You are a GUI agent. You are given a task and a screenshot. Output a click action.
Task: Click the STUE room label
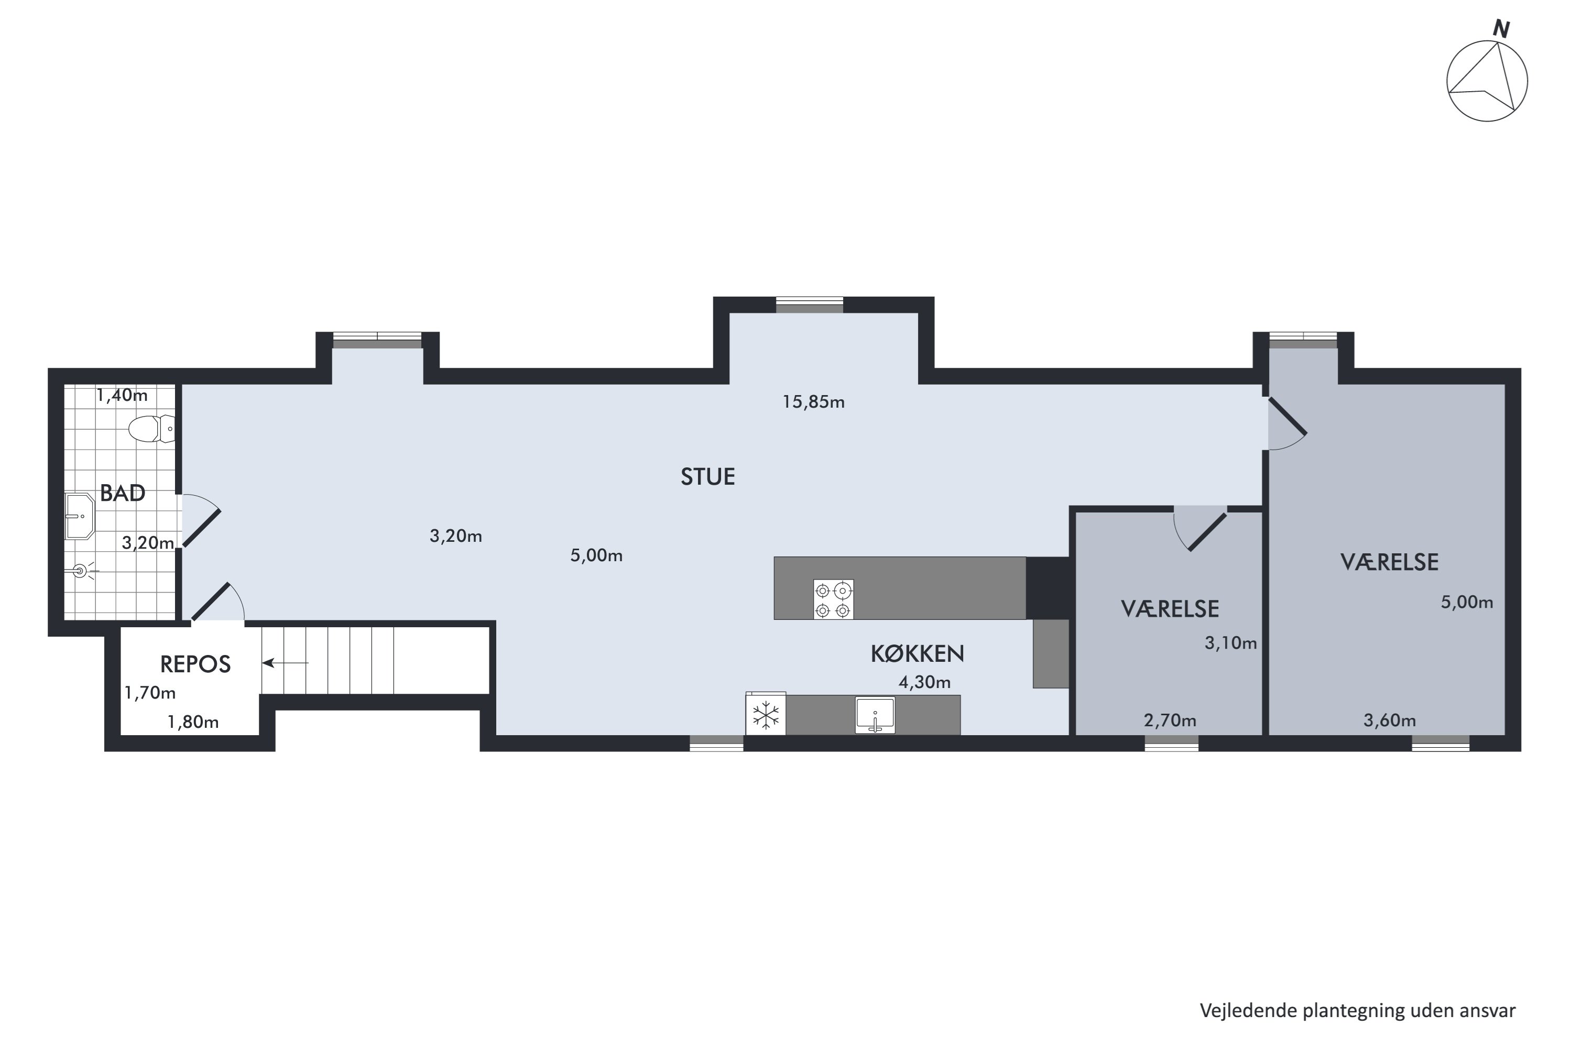coord(708,476)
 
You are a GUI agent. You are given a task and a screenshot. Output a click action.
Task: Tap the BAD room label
coord(122,493)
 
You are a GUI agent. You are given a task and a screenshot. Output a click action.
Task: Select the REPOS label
coord(195,664)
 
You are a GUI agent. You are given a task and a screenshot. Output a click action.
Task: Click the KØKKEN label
coord(917,653)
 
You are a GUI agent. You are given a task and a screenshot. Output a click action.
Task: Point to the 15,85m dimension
coord(813,402)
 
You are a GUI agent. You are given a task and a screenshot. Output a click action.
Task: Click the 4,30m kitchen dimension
coord(924,682)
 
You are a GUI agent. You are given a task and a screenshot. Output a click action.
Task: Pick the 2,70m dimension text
coord(1170,720)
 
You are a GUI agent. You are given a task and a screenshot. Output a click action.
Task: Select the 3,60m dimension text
coord(1390,720)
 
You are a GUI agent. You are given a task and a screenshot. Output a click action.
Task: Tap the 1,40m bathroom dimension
coord(122,395)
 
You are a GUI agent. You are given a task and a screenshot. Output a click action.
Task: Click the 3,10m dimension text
coord(1230,642)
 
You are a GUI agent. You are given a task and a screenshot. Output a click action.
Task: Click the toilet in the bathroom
coord(152,429)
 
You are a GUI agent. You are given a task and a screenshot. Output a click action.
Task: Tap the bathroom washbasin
coord(80,516)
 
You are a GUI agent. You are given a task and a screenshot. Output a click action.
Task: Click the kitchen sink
coord(875,715)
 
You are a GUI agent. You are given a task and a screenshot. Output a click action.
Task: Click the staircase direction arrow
coord(286,663)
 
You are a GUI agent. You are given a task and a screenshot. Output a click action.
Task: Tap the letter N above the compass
coord(1501,29)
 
